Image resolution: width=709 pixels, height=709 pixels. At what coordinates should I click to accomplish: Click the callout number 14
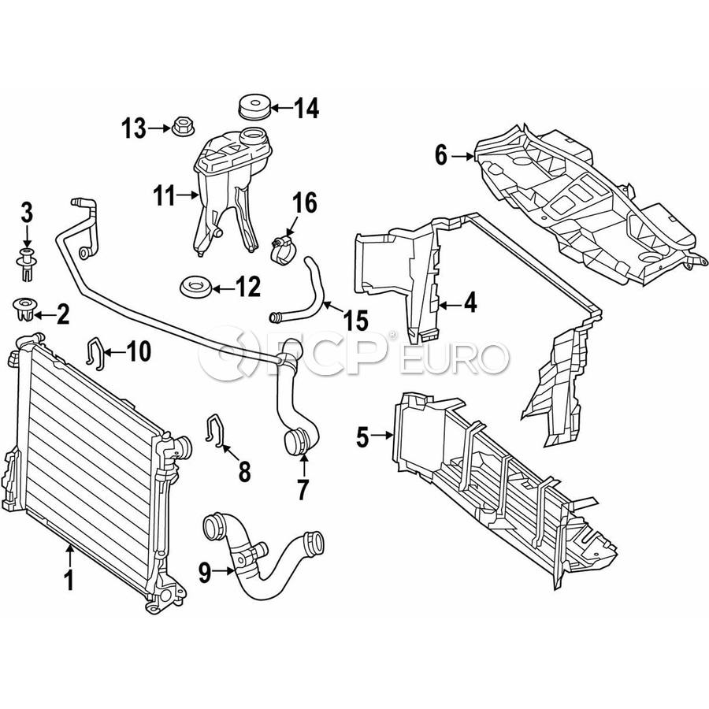coord(306,109)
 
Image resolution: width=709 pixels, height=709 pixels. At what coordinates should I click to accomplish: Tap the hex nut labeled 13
coord(181,126)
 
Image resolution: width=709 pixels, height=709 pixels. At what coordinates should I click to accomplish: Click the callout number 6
coord(441,156)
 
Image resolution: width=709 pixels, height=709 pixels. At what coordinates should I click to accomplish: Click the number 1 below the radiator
coord(69,581)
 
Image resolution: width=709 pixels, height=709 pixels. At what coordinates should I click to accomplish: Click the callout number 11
coord(164,195)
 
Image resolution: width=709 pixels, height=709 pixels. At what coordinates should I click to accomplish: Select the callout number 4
coord(470,303)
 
